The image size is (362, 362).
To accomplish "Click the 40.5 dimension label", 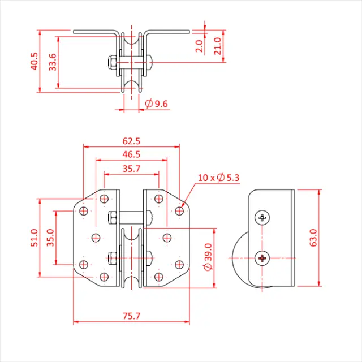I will (x=35, y=61).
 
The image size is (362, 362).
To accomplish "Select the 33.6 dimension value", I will (x=52, y=62).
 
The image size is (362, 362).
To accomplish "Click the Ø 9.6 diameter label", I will (x=157, y=104).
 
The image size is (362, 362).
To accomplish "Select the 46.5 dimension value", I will (x=131, y=154).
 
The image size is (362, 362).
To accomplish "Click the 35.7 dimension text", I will (x=131, y=168).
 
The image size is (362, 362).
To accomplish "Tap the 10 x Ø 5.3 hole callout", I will (x=219, y=178).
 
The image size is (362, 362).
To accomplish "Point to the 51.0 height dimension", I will (x=35, y=238).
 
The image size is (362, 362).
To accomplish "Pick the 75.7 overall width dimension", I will (x=131, y=316).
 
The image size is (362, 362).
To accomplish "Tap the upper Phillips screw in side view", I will (x=262, y=217).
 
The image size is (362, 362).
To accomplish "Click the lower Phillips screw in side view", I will (x=262, y=258).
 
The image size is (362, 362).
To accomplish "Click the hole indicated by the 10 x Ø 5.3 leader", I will (x=179, y=211).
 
